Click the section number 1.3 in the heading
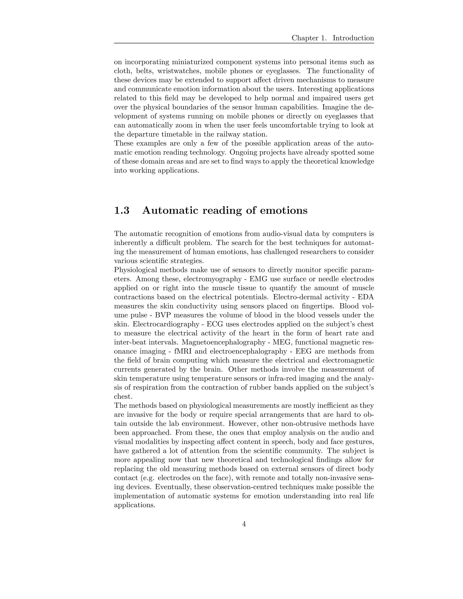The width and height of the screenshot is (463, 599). (x=121, y=210)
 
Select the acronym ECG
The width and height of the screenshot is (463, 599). (x=215, y=324)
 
